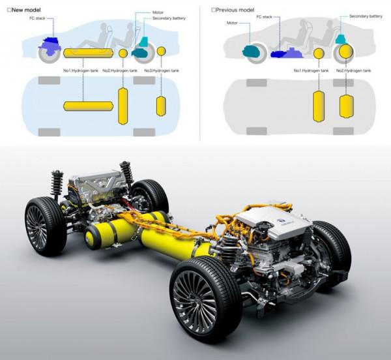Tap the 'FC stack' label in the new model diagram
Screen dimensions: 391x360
click(x=37, y=18)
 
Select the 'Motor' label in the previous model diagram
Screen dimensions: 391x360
click(x=232, y=23)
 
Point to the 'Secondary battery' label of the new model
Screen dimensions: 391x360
click(x=169, y=18)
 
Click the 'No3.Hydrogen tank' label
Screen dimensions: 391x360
click(x=162, y=70)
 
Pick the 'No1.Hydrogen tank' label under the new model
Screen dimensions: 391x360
click(x=81, y=70)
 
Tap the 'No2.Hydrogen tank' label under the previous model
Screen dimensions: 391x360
click(x=354, y=70)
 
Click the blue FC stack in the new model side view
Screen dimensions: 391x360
click(x=50, y=47)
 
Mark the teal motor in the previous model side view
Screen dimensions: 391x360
click(x=251, y=51)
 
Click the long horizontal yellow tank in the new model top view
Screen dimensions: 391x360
click(x=88, y=106)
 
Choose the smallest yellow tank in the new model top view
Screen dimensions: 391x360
click(x=161, y=106)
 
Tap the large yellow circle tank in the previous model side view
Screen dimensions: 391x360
click(x=346, y=51)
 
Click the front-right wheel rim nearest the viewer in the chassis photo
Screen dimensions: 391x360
click(x=195, y=299)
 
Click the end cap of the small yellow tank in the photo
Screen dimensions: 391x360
click(x=91, y=237)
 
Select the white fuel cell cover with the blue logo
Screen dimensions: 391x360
click(x=273, y=221)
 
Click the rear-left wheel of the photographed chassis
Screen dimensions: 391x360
click(x=46, y=226)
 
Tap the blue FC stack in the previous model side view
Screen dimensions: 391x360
click(x=286, y=52)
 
